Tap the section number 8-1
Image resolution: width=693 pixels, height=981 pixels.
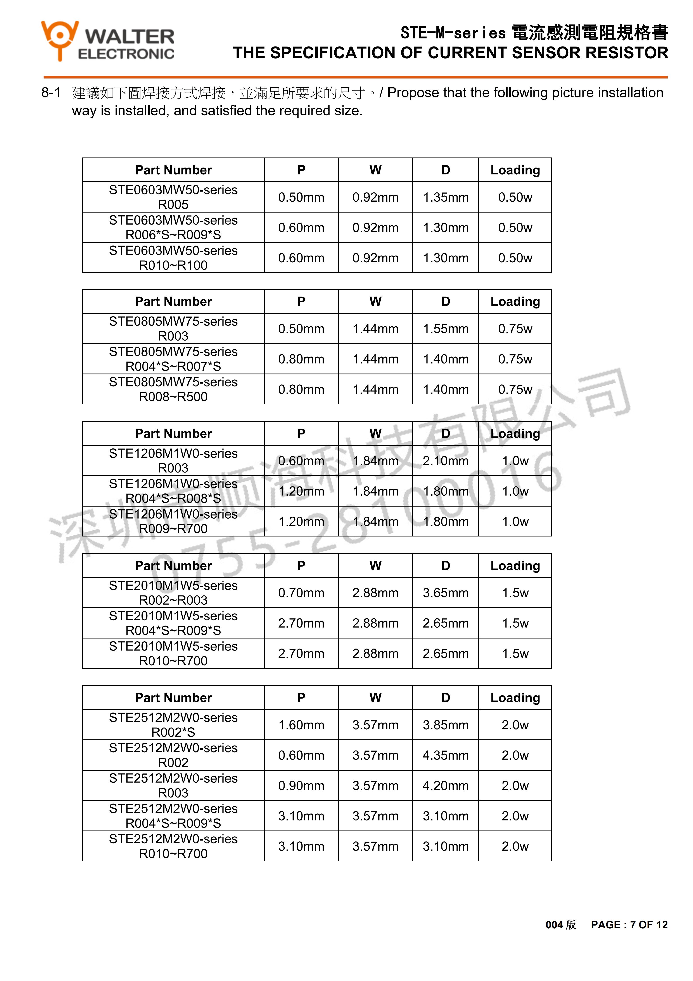(51, 93)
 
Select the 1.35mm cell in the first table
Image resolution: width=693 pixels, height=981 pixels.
(446, 197)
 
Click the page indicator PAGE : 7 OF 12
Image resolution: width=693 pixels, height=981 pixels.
(629, 925)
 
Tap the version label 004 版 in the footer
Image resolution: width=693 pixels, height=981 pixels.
(561, 925)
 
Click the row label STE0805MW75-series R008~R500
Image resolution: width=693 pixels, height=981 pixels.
(173, 389)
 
